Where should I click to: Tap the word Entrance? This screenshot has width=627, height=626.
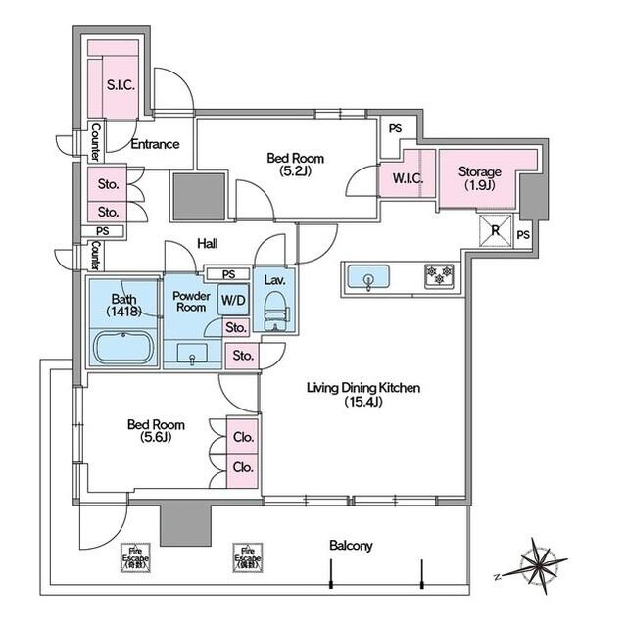tap(155, 144)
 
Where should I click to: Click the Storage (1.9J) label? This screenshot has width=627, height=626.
tap(479, 179)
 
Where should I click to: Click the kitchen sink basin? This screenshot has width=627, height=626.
tap(367, 277)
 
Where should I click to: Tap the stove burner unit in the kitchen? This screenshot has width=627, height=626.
tap(437, 276)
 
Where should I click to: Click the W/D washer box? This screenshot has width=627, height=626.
tap(232, 300)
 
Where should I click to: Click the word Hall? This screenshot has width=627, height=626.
tap(207, 243)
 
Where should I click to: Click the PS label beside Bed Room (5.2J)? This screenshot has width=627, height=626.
tap(394, 128)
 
